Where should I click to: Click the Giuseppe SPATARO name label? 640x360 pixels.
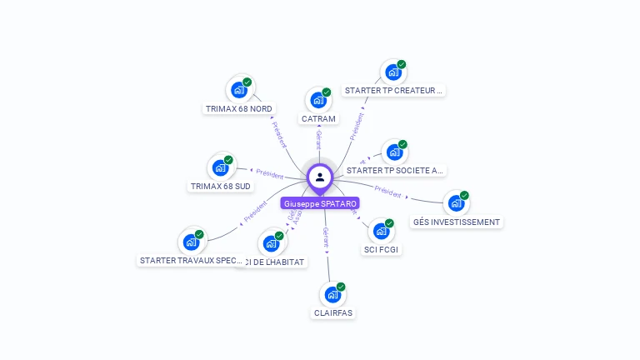click(x=320, y=203)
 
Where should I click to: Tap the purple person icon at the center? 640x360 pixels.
click(x=320, y=177)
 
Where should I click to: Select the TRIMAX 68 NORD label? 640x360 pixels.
click(x=239, y=108)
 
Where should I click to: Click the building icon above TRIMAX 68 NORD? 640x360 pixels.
click(x=239, y=88)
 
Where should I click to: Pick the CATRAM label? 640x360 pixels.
click(x=318, y=118)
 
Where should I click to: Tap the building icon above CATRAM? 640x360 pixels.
click(x=317, y=100)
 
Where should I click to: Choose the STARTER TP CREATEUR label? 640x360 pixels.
click(x=393, y=90)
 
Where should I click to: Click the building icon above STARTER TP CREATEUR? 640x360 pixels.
click(x=393, y=72)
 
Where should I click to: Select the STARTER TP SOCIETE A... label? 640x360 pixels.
click(x=395, y=170)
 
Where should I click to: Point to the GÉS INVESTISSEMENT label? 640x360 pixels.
click(x=457, y=222)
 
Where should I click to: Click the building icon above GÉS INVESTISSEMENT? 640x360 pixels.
click(x=455, y=202)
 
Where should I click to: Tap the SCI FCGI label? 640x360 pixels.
click(x=382, y=249)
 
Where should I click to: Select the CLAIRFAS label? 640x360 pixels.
click(x=333, y=313)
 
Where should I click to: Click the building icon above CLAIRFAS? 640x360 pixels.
click(x=332, y=294)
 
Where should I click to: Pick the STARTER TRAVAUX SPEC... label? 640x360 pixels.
click(x=191, y=261)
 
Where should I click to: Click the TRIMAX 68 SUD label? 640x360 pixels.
click(x=220, y=186)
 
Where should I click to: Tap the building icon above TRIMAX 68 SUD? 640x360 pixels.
click(x=220, y=167)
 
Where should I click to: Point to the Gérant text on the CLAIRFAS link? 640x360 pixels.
click(x=326, y=237)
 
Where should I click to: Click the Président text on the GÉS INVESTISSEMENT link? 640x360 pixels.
click(x=387, y=191)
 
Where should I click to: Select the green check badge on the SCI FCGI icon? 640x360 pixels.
click(x=389, y=222)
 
